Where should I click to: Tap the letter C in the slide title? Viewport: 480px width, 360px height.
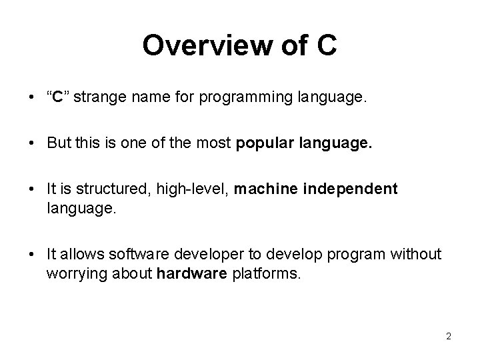(x=327, y=46)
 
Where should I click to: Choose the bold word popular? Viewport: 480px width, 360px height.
(x=265, y=143)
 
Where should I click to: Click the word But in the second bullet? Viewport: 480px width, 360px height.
(x=59, y=143)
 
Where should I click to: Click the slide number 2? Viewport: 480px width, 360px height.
(x=449, y=337)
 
